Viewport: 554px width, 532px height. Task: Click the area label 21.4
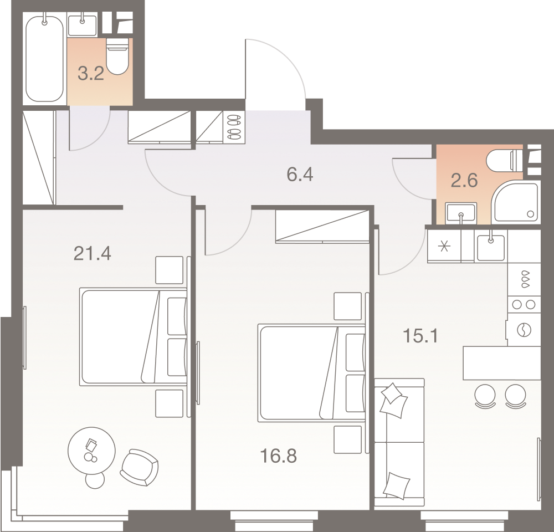point(93,254)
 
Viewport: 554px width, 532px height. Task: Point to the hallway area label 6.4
point(300,175)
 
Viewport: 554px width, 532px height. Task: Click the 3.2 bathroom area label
point(91,74)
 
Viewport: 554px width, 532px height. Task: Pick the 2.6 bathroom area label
point(464,180)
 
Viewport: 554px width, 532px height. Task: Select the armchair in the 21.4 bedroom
point(138,467)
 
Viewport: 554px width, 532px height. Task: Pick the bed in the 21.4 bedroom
point(133,336)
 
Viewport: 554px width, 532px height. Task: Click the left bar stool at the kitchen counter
point(486,396)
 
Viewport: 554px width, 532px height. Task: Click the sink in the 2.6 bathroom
point(461,213)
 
